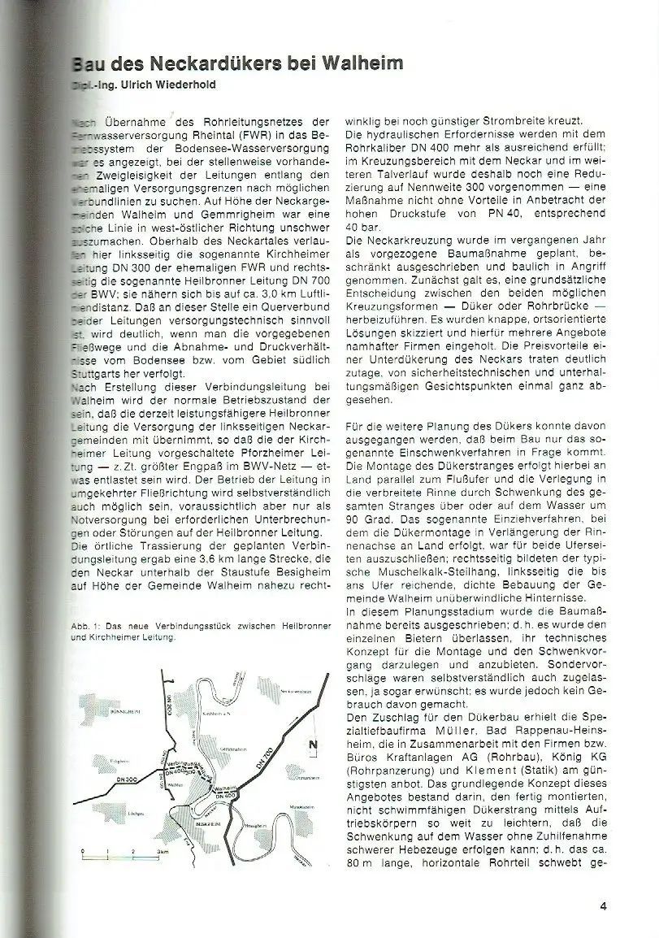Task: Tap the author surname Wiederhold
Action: point(178,84)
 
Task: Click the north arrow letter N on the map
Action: point(313,744)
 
